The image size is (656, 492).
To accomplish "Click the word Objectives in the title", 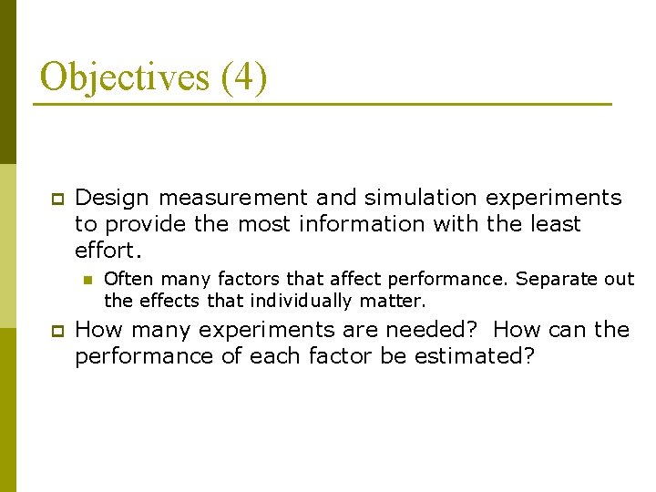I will (124, 77).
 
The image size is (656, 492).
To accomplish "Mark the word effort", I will (108, 249).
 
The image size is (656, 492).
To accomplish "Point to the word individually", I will (301, 300).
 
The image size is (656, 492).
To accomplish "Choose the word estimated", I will (474, 355).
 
